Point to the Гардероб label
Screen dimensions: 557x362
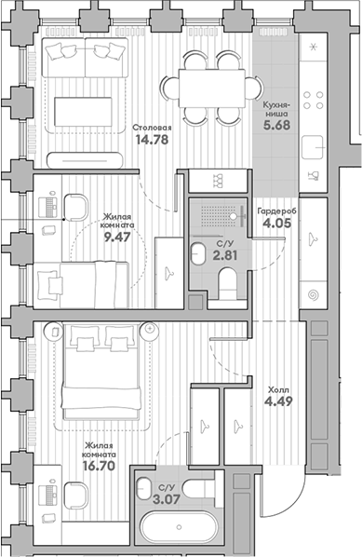point(277,211)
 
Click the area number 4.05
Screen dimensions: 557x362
point(277,224)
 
